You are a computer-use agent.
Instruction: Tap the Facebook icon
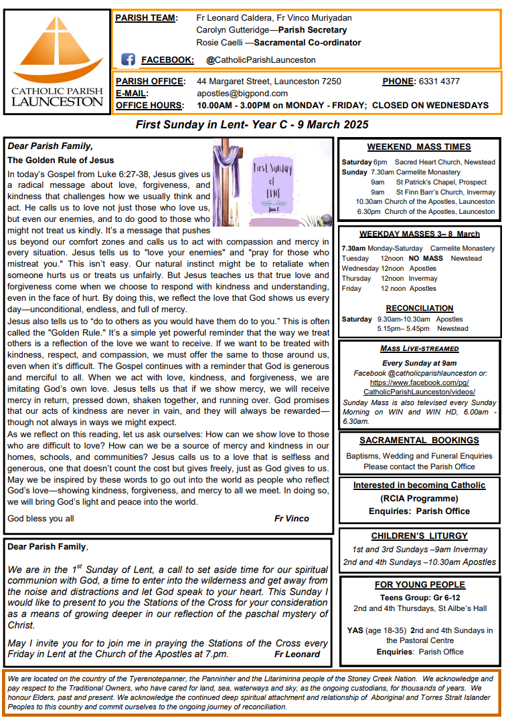pos(129,59)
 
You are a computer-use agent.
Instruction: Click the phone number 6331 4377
pos(439,82)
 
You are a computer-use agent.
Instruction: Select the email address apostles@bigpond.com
pos(242,94)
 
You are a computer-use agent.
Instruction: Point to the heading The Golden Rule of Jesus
pos(61,160)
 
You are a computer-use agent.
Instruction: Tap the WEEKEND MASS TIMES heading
pos(419,147)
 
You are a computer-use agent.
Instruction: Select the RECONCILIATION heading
pos(420,308)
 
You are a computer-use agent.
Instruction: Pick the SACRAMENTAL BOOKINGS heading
pos(419,441)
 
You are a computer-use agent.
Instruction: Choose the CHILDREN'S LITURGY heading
pos(419,536)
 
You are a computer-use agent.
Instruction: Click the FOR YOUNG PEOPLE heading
pos(420,585)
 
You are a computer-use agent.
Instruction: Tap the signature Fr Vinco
pos(292,519)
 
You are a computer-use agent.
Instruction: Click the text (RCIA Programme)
pos(420,498)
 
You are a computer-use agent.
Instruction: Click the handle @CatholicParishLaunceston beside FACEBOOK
pos(261,60)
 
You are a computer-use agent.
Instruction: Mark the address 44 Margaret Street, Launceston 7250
pos(269,82)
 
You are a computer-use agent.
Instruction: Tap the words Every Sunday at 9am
pos(420,363)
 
